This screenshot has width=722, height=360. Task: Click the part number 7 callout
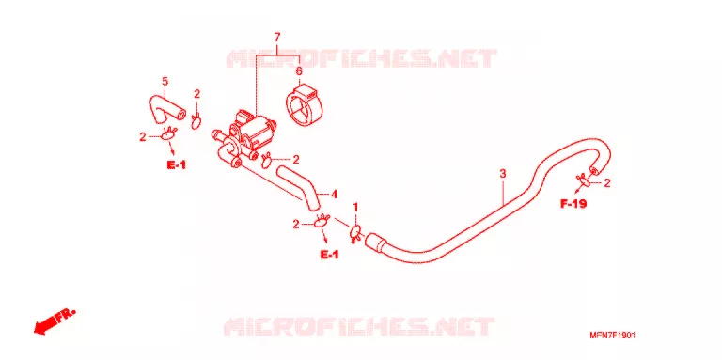[x=277, y=37]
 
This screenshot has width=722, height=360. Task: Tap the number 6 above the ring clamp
[x=298, y=71]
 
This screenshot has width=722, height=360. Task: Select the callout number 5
[x=165, y=82]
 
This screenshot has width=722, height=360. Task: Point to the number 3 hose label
[x=503, y=174]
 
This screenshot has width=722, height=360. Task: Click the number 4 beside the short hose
[x=335, y=195]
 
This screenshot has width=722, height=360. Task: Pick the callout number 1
[x=355, y=207]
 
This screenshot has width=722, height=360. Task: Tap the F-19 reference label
[x=573, y=203]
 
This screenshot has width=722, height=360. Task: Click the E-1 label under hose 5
[x=177, y=164]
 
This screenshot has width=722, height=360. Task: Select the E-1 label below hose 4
[x=330, y=254]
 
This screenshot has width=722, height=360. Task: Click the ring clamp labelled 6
[x=306, y=105]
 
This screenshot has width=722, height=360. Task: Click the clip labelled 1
[x=356, y=232]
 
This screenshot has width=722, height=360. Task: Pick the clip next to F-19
[x=584, y=180]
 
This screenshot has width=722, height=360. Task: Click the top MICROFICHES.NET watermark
[x=361, y=59]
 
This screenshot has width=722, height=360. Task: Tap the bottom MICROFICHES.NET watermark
[x=359, y=325]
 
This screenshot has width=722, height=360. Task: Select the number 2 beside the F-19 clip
[x=607, y=183]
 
